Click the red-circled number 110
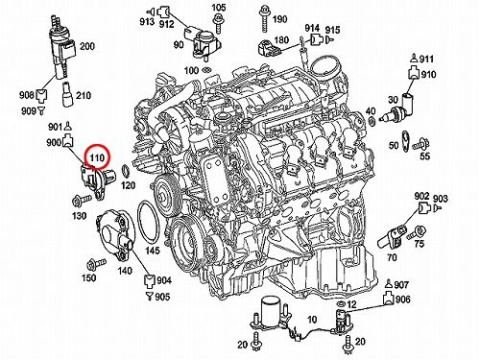click(x=97, y=157)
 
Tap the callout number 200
click(x=87, y=46)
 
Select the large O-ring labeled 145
click(x=149, y=224)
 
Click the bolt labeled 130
click(x=81, y=201)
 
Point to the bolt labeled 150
click(x=96, y=264)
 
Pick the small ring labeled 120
click(x=125, y=171)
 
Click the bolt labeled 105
click(x=218, y=23)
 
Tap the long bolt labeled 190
click(x=264, y=19)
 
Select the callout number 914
click(x=312, y=28)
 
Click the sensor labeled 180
click(x=270, y=48)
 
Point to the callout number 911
click(x=426, y=59)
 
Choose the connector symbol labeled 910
click(x=414, y=73)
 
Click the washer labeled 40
click(x=372, y=122)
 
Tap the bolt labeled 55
click(x=420, y=144)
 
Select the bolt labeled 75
click(x=417, y=232)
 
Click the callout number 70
click(x=392, y=257)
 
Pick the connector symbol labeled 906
click(x=388, y=299)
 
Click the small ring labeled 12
click(x=340, y=303)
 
